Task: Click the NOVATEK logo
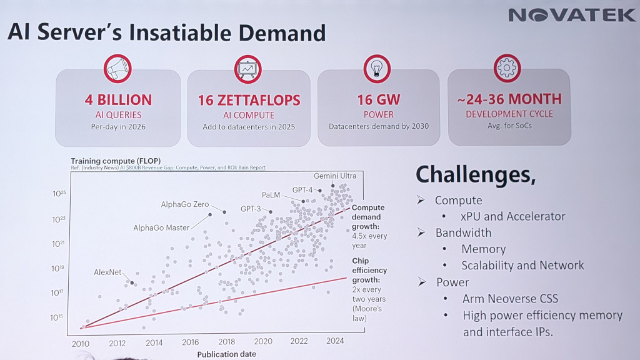[571, 15]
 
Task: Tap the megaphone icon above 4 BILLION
[117, 69]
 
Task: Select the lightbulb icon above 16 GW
[377, 69]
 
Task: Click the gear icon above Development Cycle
[507, 68]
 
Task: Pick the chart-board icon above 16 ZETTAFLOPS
[248, 69]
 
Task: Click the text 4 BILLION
[118, 100]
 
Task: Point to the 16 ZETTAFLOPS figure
[249, 100]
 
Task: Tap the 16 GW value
[379, 100]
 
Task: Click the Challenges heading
[476, 175]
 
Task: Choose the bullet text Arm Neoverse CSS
[510, 299]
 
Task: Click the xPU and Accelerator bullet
[514, 216]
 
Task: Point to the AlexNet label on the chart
[107, 272]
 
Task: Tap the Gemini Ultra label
[335, 176]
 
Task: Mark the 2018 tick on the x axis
[226, 342]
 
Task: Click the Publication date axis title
[226, 354]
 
